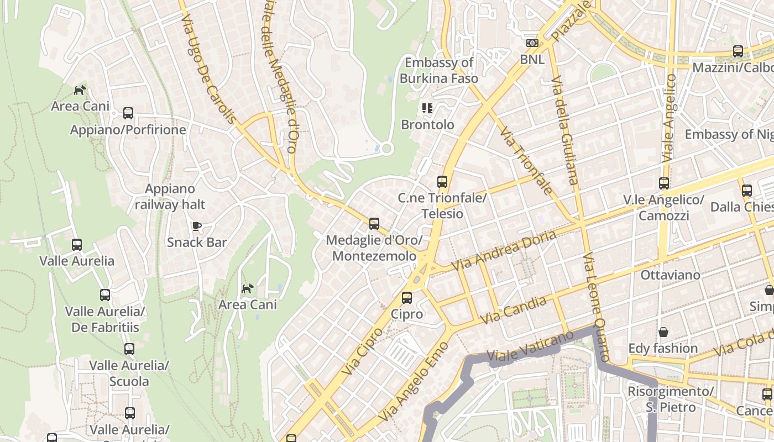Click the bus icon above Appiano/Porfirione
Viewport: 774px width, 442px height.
pos(128,113)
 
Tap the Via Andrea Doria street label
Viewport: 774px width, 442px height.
pos(504,251)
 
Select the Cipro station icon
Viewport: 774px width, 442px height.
pos(407,298)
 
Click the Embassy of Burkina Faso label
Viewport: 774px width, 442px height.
pos(439,70)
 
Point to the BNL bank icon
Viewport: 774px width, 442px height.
pos(532,43)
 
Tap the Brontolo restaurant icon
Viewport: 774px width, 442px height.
pos(427,108)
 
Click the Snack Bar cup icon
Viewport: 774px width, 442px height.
pos(196,226)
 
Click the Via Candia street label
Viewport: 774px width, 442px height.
pos(514,311)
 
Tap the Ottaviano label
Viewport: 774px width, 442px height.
pos(670,275)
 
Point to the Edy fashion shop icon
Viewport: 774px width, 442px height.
pos(663,332)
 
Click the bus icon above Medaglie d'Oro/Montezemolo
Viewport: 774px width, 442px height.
pos(374,224)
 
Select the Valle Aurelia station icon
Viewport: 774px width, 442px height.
pos(77,245)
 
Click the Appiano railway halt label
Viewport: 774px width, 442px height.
pos(170,197)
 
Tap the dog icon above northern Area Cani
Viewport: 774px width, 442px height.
pos(81,90)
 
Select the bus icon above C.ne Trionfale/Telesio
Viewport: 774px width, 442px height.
pos(442,181)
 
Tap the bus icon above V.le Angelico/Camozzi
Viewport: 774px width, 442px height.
pos(663,183)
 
